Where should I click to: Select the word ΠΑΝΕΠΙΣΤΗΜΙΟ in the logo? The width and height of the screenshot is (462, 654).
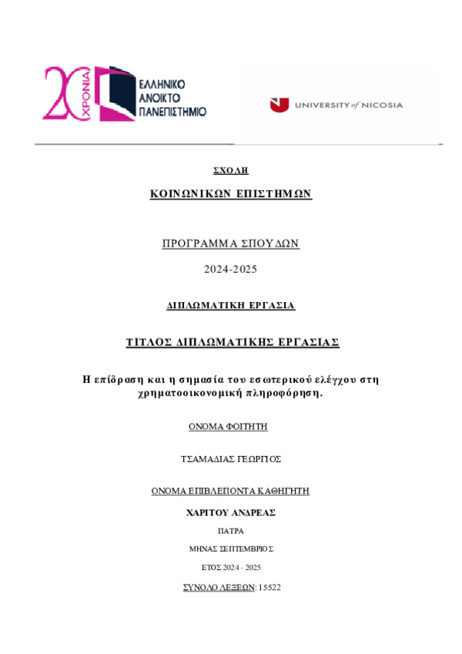(173, 111)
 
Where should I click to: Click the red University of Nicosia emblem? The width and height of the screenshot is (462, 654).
(278, 106)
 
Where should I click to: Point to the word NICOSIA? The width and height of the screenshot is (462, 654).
(382, 106)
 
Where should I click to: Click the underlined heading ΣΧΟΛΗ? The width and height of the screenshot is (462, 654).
(230, 169)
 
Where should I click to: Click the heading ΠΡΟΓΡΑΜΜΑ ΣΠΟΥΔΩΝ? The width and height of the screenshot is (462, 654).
(230, 243)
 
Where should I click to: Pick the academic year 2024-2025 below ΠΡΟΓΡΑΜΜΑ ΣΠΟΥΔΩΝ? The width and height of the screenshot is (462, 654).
(230, 269)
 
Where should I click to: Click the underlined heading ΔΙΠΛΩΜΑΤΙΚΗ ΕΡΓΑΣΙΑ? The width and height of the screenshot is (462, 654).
(230, 306)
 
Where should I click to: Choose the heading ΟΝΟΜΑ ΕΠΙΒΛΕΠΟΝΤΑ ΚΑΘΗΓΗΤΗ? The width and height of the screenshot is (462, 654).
(230, 491)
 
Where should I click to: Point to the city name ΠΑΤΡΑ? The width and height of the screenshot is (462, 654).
(230, 532)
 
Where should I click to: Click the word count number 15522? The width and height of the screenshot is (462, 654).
(270, 588)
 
